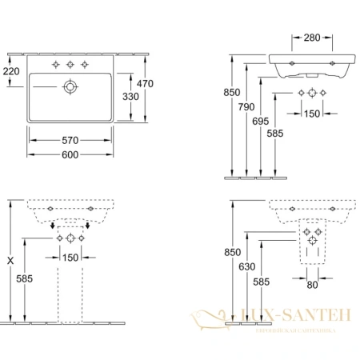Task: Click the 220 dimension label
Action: [11, 71]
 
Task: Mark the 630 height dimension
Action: [249, 266]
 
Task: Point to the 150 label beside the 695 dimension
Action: [313, 113]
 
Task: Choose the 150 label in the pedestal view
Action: [71, 257]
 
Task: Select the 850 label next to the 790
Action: [230, 91]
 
